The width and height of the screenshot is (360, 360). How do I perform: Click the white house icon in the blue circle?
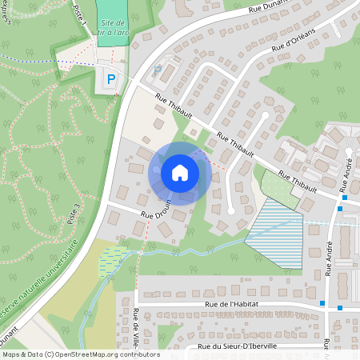click(x=180, y=173)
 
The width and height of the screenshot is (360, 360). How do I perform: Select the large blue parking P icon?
click(x=111, y=79)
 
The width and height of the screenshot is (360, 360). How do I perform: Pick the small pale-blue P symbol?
click(x=158, y=71)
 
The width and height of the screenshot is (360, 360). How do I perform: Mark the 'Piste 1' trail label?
click(x=79, y=14)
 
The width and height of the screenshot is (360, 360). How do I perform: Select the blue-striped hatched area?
click(x=281, y=234)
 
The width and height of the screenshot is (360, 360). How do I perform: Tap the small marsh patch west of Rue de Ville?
click(x=111, y=260)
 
